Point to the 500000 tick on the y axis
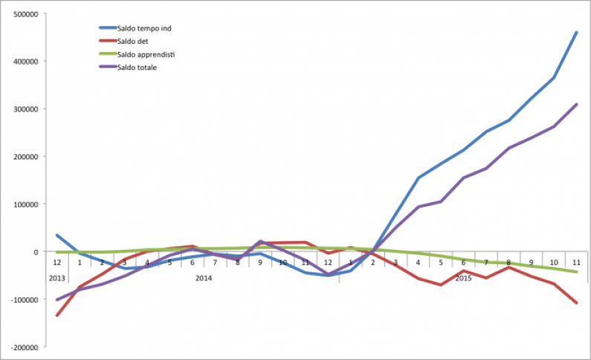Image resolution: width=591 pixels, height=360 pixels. (x=25, y=13)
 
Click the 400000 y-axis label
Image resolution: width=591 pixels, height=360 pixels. (x=25, y=61)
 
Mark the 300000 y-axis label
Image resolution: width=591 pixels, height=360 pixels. (x=25, y=109)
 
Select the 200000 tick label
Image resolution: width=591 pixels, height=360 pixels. (x=25, y=156)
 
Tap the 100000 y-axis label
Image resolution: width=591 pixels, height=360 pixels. (x=25, y=204)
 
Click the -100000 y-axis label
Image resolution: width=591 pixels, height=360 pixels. (x=24, y=299)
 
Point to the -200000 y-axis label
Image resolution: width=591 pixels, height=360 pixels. (x=24, y=347)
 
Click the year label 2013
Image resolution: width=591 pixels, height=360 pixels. (x=57, y=277)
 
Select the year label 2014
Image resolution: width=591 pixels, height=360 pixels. (x=204, y=277)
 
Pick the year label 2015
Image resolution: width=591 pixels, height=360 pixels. (x=463, y=277)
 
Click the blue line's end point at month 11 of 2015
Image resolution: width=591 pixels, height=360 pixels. (x=577, y=32)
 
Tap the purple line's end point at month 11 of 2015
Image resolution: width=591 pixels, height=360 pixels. (x=577, y=104)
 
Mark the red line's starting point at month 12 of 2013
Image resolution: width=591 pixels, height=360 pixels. (x=57, y=315)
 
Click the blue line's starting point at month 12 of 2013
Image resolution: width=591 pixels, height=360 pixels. (x=57, y=235)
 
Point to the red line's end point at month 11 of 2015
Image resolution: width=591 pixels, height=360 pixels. (x=577, y=303)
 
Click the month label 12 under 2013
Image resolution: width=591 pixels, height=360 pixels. (x=57, y=263)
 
